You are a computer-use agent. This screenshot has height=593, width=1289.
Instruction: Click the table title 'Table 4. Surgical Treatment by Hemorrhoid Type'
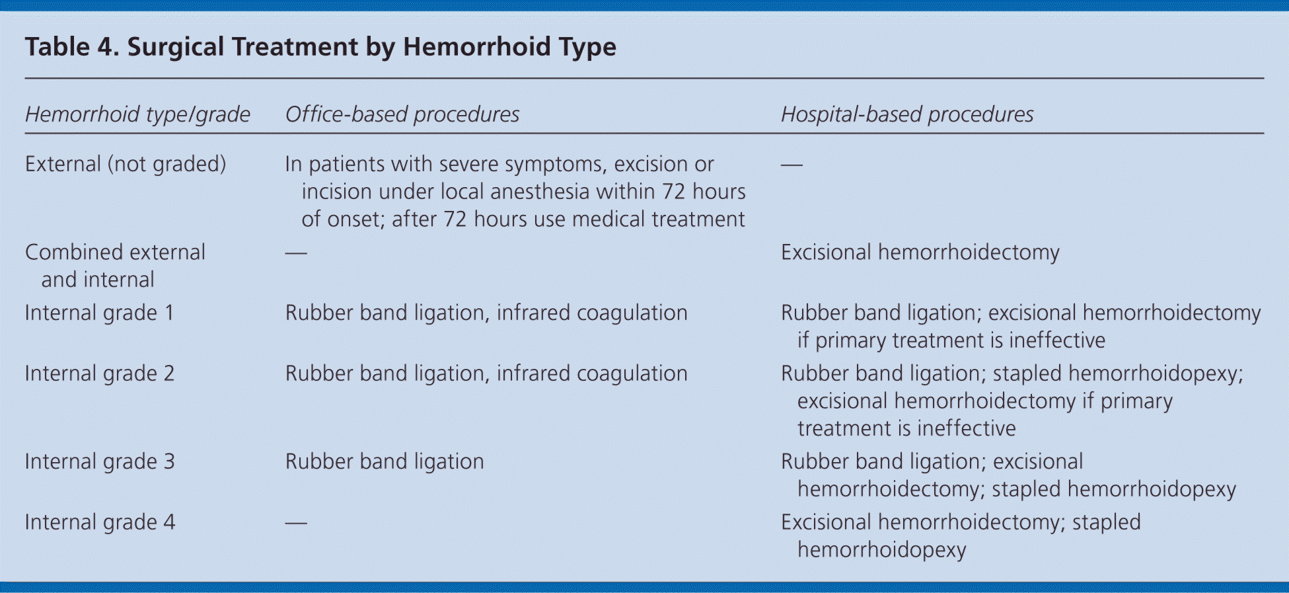(320, 48)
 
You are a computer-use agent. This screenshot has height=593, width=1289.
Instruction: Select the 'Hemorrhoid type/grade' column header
(137, 114)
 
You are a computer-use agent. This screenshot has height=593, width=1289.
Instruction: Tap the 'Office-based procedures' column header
(402, 114)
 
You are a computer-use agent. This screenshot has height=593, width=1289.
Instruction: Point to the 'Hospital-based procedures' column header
(907, 114)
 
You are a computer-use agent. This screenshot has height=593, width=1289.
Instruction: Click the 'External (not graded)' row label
(126, 164)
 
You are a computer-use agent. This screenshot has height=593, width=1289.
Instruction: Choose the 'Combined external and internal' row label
(115, 266)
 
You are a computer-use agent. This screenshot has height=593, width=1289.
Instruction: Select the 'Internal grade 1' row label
(100, 313)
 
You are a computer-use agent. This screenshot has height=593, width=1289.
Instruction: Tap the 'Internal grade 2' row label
(100, 374)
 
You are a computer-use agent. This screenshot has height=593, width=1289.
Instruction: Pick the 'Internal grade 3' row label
(100, 461)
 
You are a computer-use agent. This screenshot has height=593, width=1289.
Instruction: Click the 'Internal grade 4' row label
(100, 522)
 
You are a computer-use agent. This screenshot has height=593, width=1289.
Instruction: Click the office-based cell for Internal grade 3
(385, 461)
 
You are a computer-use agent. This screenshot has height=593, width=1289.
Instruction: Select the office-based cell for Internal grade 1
(486, 313)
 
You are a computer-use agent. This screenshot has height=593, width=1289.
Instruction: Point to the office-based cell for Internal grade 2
(486, 374)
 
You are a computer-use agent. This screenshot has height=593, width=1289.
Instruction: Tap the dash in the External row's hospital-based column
(792, 164)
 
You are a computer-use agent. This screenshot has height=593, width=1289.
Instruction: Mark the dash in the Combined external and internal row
(296, 253)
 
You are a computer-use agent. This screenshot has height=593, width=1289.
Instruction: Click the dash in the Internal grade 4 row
(296, 523)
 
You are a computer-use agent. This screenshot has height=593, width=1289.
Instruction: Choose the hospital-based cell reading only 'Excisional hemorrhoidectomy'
(920, 253)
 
